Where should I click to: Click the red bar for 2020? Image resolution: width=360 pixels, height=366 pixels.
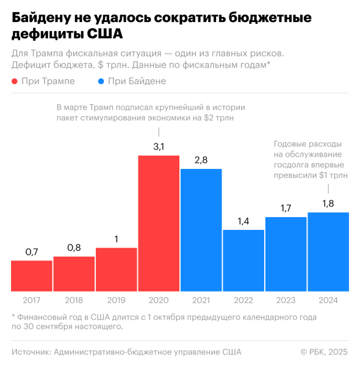(159, 223)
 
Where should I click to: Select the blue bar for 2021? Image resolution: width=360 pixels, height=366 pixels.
(201, 230)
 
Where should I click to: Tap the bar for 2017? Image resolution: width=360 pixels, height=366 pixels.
(32, 276)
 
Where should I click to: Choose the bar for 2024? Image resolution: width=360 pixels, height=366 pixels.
(328, 251)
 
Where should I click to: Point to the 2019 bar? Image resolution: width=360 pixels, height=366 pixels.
(117, 269)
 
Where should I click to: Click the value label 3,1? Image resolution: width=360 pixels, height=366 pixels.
(159, 147)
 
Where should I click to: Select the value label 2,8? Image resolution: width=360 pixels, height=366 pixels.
(201, 160)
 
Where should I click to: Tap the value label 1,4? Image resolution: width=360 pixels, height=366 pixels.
(243, 221)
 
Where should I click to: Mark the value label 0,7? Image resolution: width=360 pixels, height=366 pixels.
(32, 251)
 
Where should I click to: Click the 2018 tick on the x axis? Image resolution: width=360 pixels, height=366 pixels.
(74, 300)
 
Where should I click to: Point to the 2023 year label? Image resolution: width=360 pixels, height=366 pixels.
(286, 300)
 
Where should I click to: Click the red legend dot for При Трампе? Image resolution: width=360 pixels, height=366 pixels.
(15, 82)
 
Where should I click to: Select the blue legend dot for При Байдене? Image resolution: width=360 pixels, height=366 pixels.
(100, 82)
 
